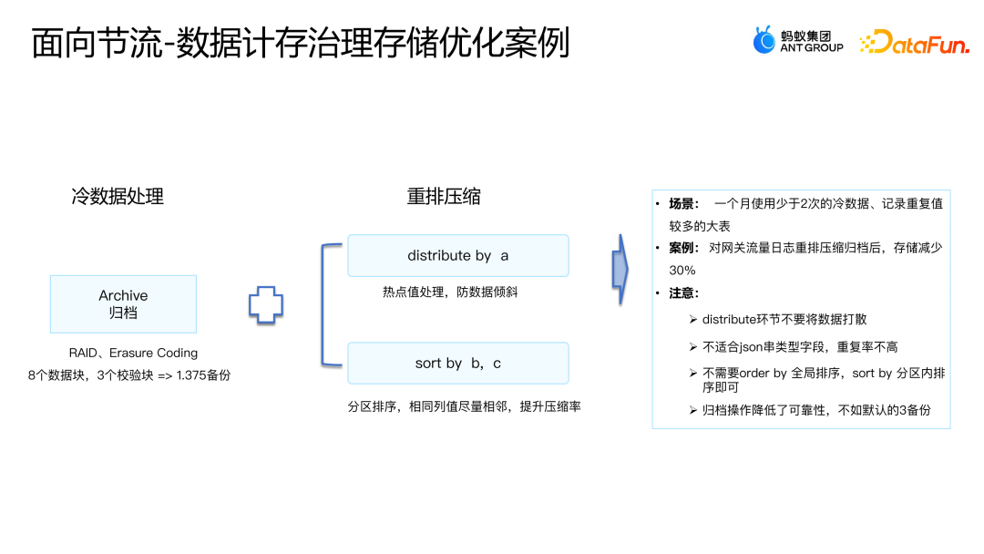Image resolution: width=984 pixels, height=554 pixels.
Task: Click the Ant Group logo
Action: (x=797, y=41)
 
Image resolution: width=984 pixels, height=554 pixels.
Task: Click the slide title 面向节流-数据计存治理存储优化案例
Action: (x=301, y=43)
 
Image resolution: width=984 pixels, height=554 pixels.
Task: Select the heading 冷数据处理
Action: (x=118, y=196)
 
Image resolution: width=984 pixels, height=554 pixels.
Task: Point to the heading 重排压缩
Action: (x=444, y=196)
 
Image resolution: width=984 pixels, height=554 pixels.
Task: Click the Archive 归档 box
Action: (x=123, y=304)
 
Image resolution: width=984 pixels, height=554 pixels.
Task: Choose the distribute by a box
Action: (x=457, y=256)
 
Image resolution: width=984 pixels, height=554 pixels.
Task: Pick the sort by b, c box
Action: (x=457, y=364)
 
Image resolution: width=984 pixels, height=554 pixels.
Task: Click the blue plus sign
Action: (x=266, y=304)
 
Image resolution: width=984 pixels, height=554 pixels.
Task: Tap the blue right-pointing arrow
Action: (x=620, y=270)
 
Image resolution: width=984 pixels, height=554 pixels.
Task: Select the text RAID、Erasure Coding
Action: (x=133, y=353)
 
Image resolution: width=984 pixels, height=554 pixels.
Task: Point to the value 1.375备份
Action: (x=202, y=374)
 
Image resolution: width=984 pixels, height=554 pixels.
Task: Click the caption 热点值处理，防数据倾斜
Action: (x=450, y=292)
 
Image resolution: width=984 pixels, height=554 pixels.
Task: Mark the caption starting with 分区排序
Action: (x=464, y=406)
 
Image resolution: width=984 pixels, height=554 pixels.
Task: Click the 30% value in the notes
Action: (x=682, y=271)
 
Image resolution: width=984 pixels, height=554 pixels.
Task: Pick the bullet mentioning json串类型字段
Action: (x=800, y=347)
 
